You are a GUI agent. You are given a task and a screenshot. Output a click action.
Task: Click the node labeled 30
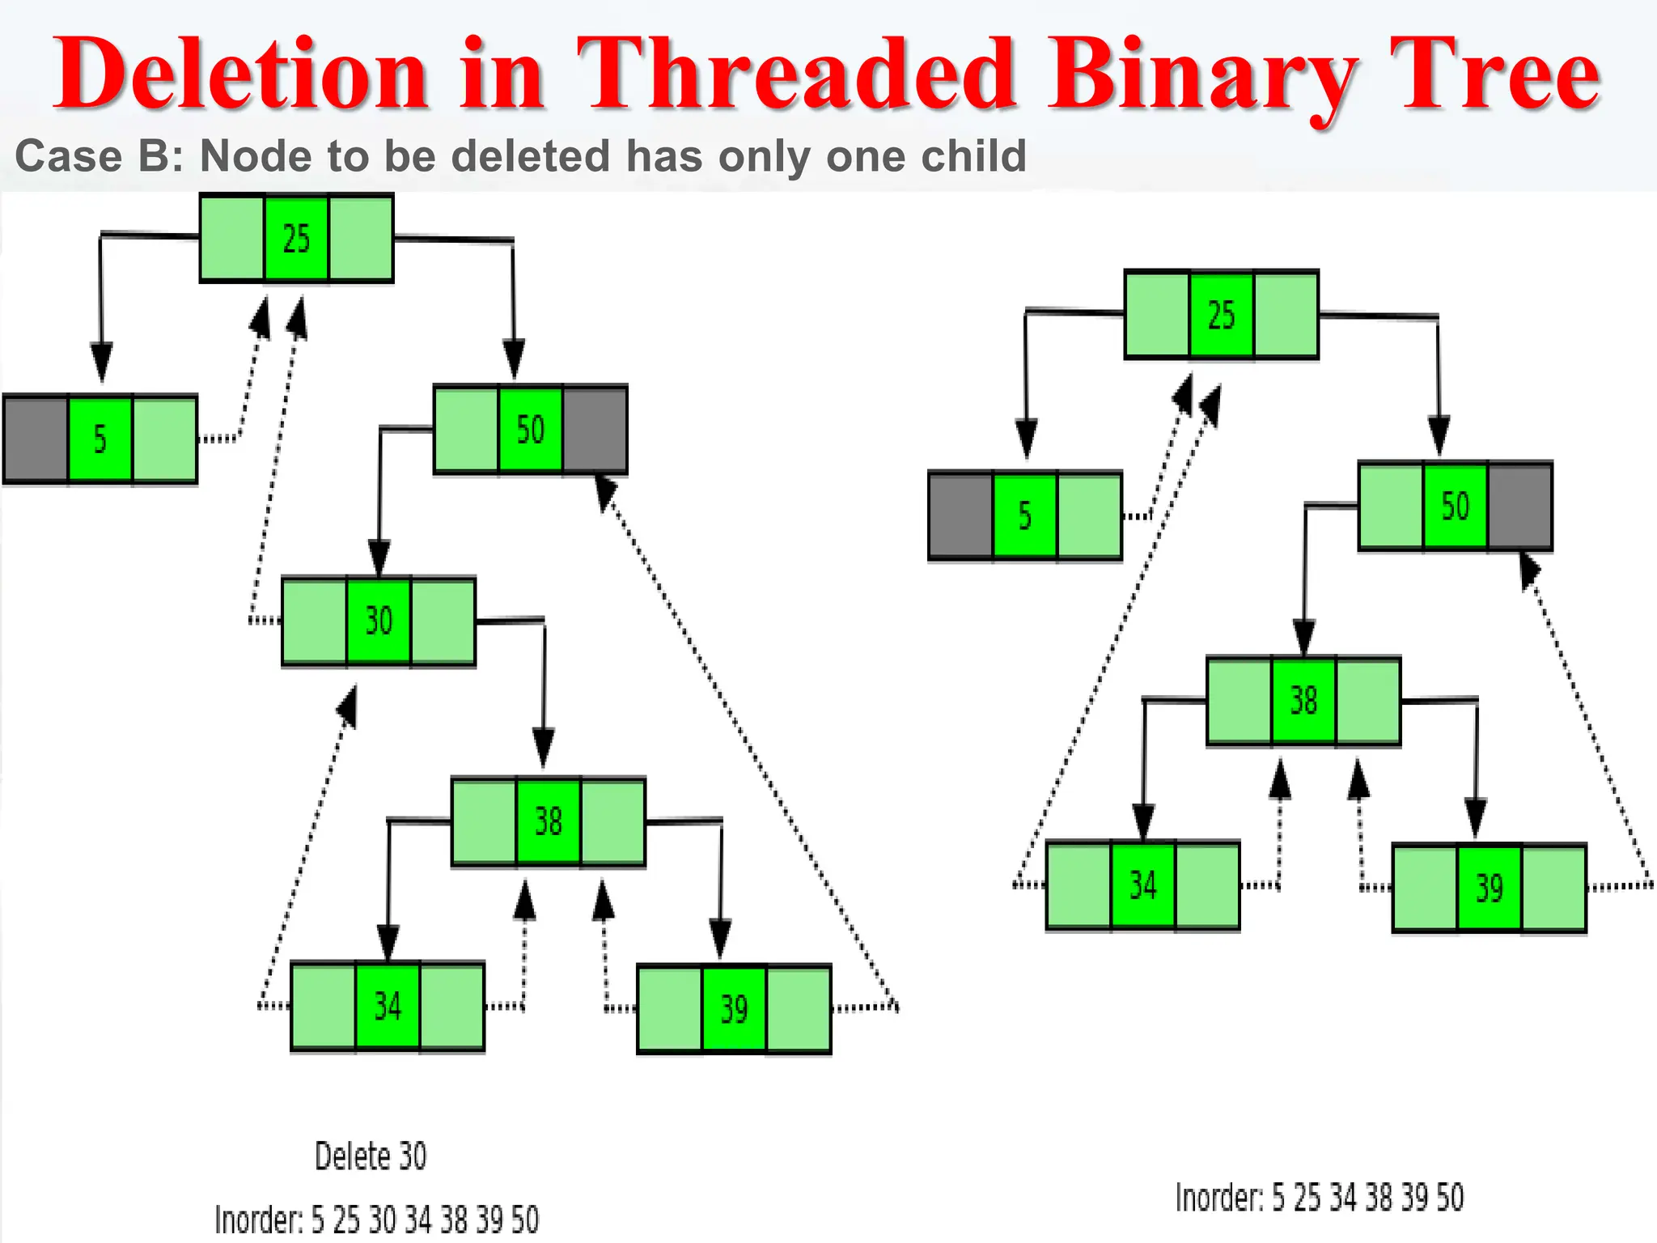point(379,621)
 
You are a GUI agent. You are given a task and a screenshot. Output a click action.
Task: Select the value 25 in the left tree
point(296,238)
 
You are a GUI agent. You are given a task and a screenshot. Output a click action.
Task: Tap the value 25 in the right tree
point(1221,315)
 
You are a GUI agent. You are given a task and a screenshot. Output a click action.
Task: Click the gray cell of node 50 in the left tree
point(595,430)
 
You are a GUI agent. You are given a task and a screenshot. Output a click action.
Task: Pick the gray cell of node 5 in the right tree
point(960,515)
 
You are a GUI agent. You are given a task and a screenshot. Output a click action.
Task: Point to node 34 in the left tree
point(388,1006)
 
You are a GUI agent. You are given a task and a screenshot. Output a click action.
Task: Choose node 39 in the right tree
point(1489,888)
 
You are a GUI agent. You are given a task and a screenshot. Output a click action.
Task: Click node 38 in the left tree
point(548,821)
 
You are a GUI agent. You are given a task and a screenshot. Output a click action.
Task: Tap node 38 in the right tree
point(1303,700)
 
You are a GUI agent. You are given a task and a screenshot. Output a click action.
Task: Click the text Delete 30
point(371,1156)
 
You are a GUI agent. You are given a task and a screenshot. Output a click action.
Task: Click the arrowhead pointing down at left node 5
point(101,362)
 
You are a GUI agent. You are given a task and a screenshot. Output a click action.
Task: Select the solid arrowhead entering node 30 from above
point(379,558)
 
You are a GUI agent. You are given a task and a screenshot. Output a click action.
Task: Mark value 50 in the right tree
point(1455,506)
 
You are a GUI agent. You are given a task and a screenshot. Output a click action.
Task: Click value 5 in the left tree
point(100,439)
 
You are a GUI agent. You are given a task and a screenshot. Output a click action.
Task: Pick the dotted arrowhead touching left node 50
point(605,490)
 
